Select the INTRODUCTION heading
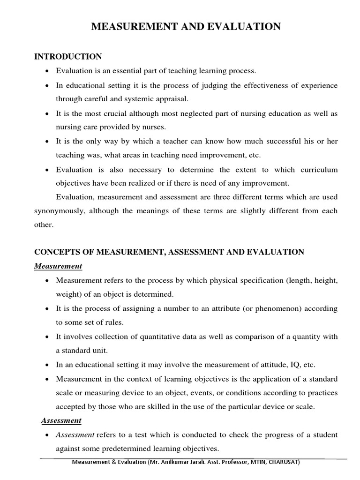click(68, 57)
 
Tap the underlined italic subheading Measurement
click(58, 266)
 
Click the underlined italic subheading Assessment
click(61, 420)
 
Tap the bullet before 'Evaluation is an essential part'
click(47, 71)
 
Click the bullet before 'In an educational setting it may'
click(47, 365)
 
